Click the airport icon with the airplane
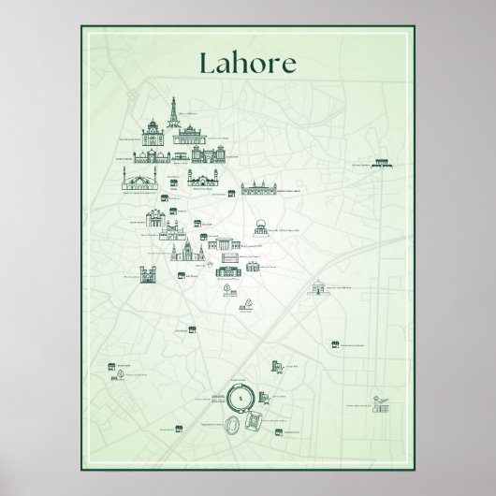[380, 405]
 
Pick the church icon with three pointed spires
[183, 251]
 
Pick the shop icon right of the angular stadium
[279, 431]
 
